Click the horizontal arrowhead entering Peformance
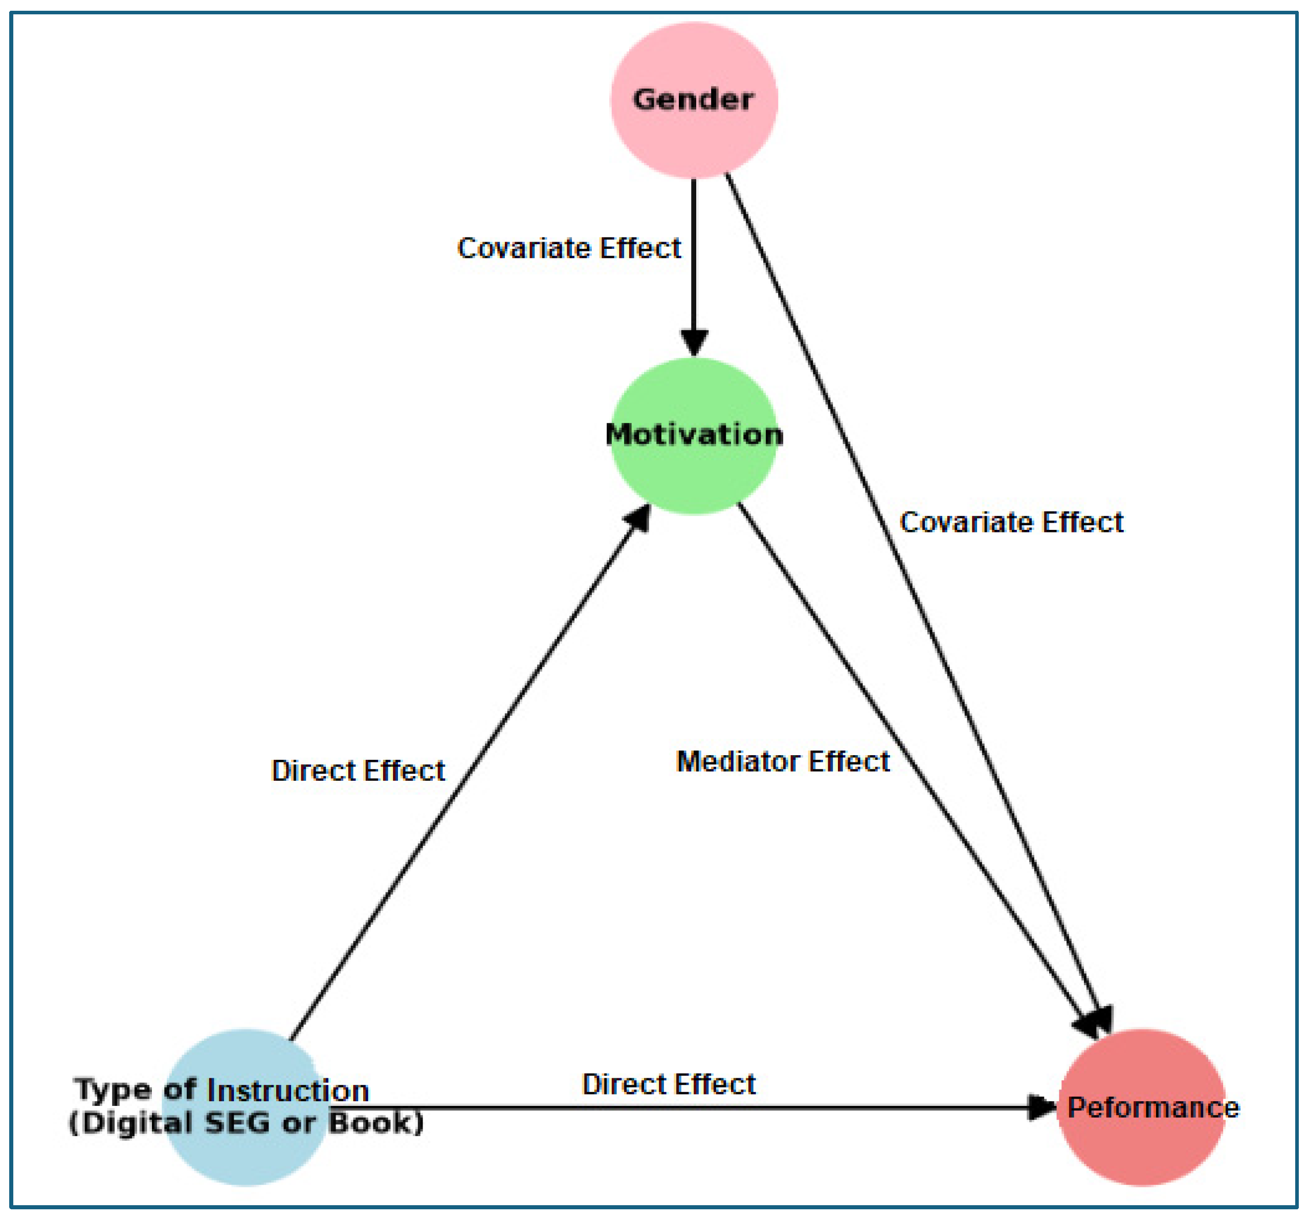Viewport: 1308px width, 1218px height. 1041,1107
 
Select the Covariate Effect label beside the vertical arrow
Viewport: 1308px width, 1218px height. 569,248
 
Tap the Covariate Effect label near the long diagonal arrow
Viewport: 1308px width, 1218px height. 1011,522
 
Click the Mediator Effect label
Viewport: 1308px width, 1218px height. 783,761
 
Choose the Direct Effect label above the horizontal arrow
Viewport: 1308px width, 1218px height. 669,1084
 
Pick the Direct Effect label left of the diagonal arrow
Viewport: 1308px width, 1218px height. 359,771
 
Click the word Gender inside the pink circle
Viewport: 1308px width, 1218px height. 693,99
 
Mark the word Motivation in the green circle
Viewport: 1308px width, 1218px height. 694,435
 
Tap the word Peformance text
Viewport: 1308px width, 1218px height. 1152,1107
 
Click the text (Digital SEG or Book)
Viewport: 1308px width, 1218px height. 247,1123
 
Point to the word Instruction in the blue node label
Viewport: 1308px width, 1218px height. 287,1091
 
